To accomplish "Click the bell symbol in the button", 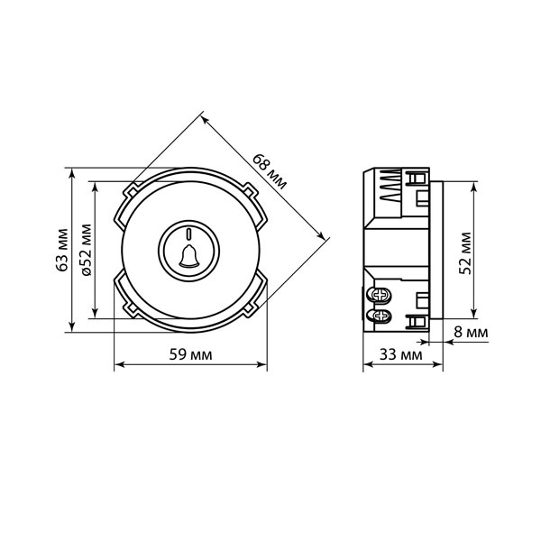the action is pos(189,256).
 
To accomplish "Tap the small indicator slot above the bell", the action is pos(188,234).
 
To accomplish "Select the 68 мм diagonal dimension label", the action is pos(270,171).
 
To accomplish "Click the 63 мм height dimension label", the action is pos(62,250).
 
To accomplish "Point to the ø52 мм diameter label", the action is pos(87,250).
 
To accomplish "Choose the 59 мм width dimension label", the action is pos(190,354).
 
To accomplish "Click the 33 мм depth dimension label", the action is pos(401,354).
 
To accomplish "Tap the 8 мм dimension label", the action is pos(471,332).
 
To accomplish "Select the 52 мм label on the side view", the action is pos(465,253).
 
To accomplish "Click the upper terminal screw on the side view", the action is pos(381,295).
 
